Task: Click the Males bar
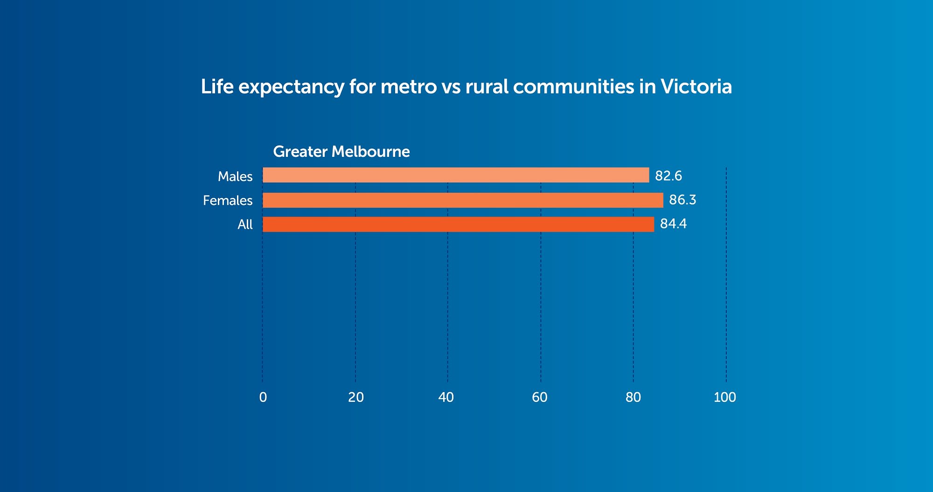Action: (456, 175)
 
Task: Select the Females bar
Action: (463, 200)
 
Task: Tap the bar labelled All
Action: (458, 225)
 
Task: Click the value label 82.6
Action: (668, 176)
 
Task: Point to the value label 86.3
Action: (682, 200)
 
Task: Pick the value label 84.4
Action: (673, 224)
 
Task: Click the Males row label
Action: (235, 176)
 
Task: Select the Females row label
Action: (228, 201)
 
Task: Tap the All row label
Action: (245, 225)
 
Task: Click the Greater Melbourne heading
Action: (341, 152)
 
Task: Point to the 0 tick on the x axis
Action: (263, 397)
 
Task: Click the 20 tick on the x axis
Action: (356, 397)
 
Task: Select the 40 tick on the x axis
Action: (446, 397)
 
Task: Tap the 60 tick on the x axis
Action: (540, 397)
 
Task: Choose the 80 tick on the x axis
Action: (633, 397)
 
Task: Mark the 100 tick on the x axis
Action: (725, 397)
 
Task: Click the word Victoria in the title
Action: (696, 87)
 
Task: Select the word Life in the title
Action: (217, 87)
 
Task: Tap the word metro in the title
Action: (409, 87)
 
